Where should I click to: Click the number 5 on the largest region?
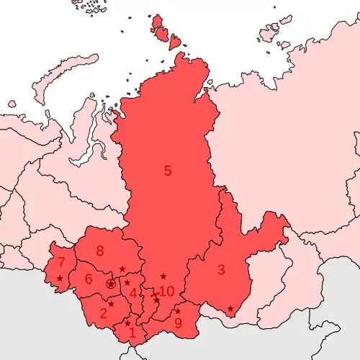[168, 171]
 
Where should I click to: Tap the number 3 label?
[221, 270]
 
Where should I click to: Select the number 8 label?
[100, 251]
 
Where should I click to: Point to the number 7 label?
[62, 262]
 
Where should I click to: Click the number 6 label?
[89, 279]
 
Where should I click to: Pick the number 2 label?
[103, 313]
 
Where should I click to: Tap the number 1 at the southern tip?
[131, 333]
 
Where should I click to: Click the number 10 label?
[166, 291]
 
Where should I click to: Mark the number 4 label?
[133, 293]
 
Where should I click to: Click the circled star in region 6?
[110, 284]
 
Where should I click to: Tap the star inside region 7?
[59, 278]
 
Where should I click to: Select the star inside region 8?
[122, 269]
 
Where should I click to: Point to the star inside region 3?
[230, 309]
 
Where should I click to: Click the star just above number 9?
[178, 311]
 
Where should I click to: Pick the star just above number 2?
[111, 303]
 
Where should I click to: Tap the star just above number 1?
[128, 323]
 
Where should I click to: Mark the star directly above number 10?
[163, 276]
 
